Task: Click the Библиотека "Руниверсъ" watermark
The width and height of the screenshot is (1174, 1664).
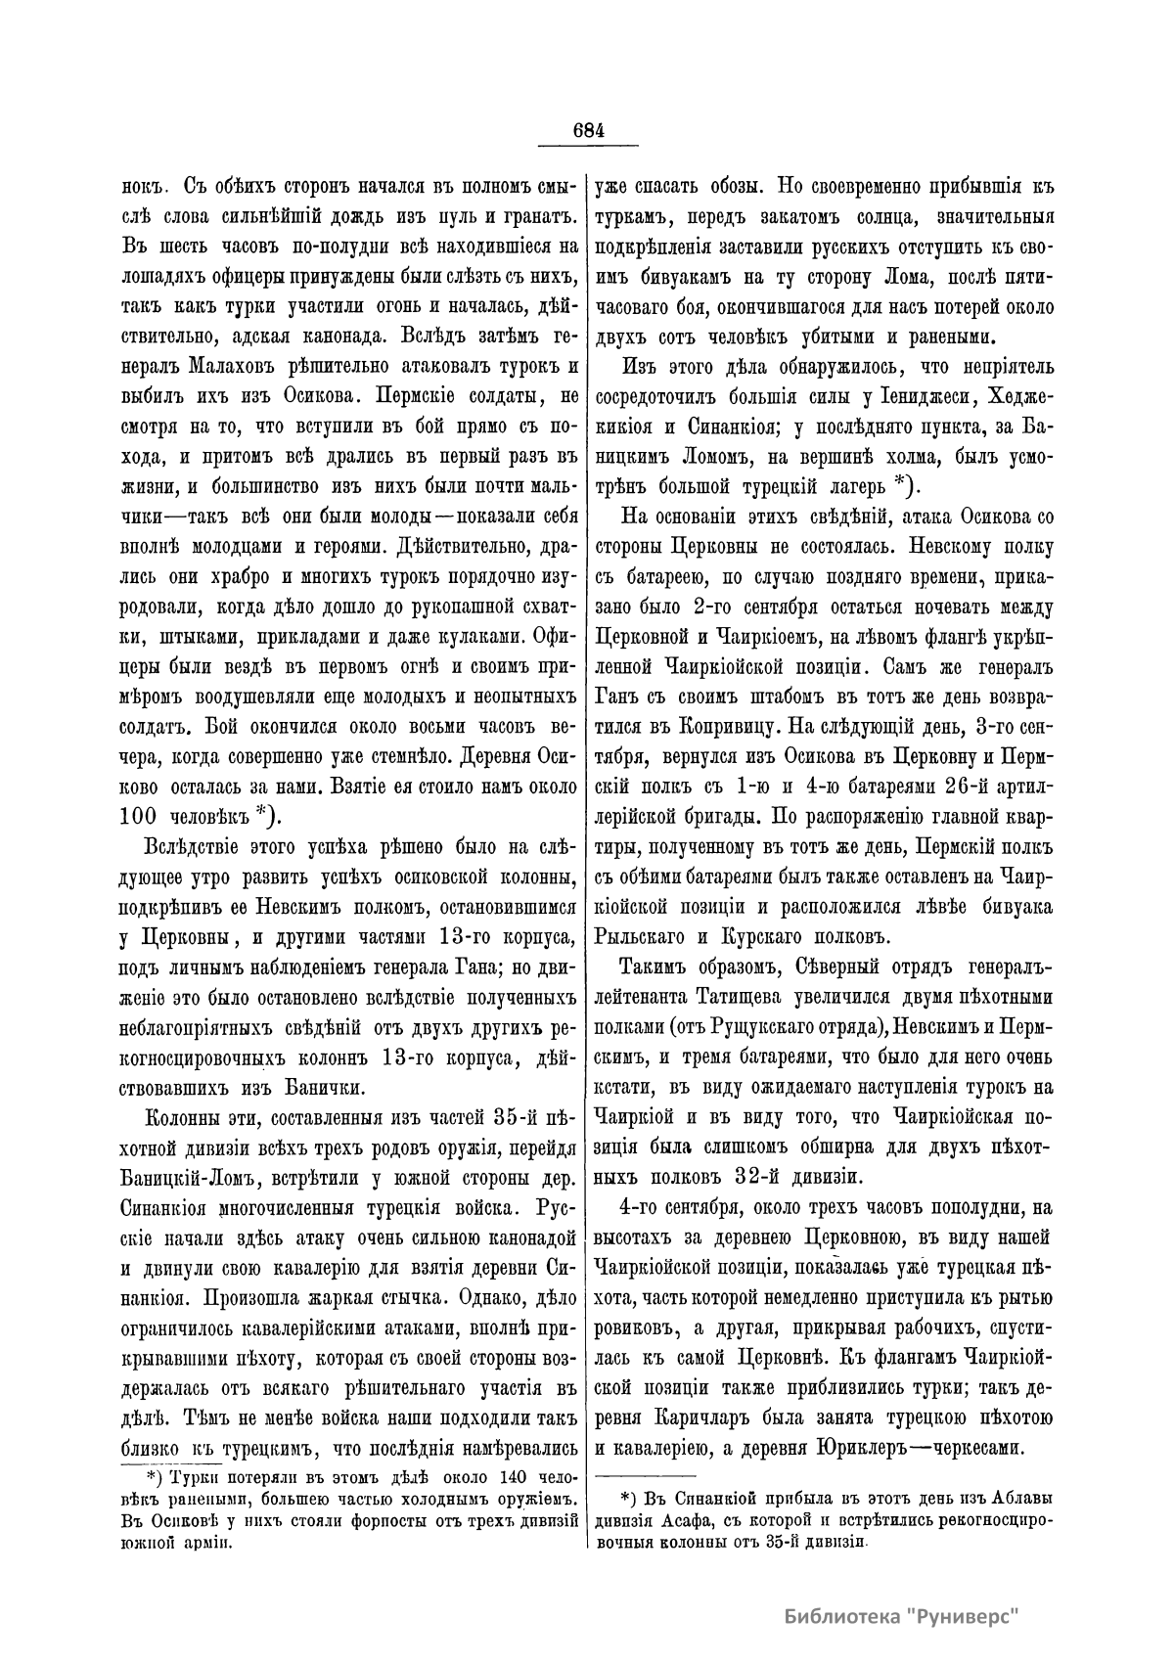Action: click(x=900, y=1615)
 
